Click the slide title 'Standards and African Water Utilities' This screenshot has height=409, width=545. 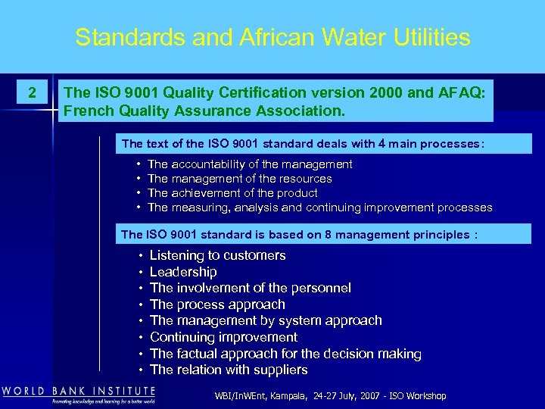point(272,37)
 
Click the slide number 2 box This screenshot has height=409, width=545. point(31,93)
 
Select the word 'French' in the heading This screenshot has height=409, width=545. point(88,111)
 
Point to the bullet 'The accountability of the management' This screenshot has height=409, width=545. point(250,164)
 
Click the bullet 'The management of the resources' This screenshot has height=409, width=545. point(240,179)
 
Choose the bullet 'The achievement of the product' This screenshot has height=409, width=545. point(232,193)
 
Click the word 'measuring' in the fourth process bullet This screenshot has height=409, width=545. point(201,208)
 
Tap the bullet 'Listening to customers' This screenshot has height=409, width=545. point(217,256)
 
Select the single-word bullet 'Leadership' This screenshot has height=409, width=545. point(183,272)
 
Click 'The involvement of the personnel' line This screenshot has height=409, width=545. point(251,288)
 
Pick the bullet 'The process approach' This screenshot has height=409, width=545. point(217,304)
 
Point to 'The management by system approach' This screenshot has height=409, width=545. point(266,320)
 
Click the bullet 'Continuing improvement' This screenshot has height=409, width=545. point(223,337)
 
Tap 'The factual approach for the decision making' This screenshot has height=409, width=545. point(285,354)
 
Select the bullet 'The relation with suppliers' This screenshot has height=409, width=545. point(229,370)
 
